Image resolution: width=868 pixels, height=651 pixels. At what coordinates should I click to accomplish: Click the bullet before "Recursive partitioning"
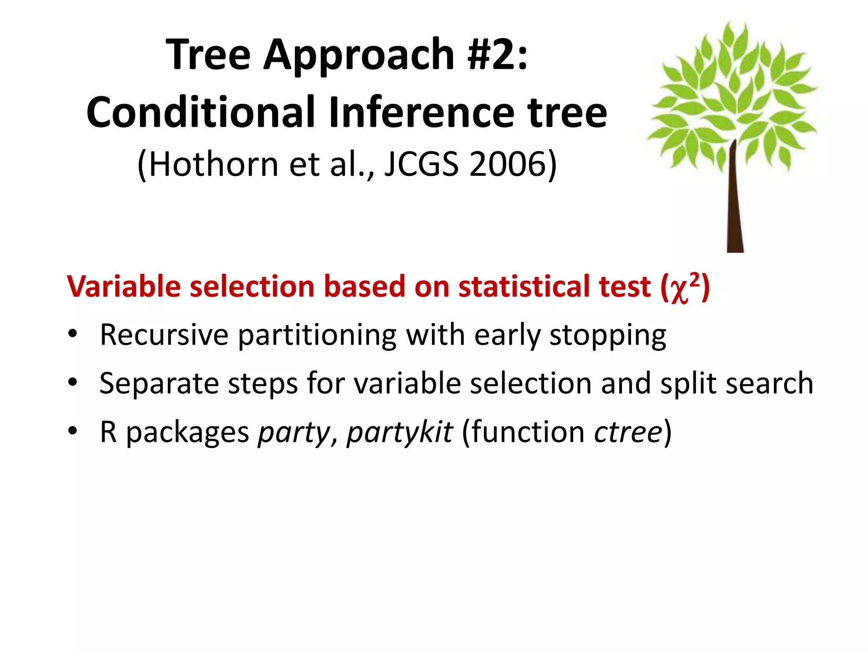pyautogui.click(x=73, y=334)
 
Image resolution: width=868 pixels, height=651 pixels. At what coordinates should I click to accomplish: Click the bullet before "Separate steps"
pyautogui.click(x=73, y=383)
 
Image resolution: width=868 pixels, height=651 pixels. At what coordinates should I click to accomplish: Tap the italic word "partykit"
pyautogui.click(x=400, y=432)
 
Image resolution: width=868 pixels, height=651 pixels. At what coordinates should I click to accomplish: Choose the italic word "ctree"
pyautogui.click(x=628, y=432)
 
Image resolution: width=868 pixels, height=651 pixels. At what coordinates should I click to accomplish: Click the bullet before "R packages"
pyautogui.click(x=73, y=431)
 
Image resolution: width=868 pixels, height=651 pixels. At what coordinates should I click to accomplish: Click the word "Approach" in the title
pyautogui.click(x=359, y=55)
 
